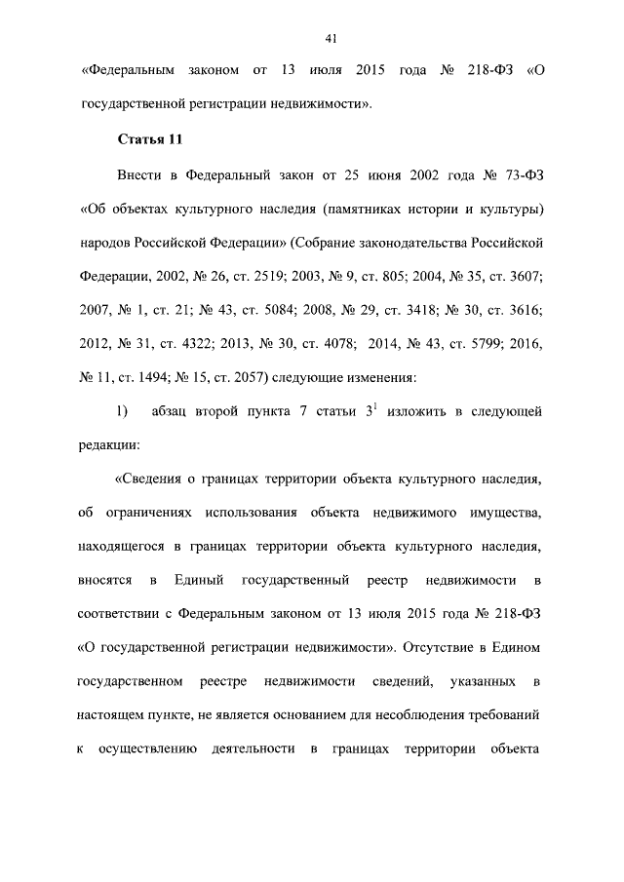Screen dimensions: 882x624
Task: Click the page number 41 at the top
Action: point(331,38)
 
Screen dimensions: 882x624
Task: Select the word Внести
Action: point(139,176)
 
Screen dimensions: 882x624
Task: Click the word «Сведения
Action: point(154,479)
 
